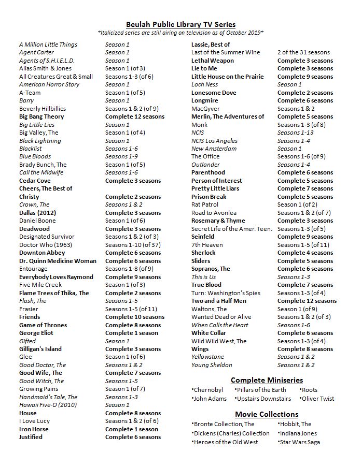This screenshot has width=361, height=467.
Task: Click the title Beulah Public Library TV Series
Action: click(180, 24)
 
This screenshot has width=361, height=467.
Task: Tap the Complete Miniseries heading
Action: click(267, 380)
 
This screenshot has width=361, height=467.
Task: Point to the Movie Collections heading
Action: click(267, 414)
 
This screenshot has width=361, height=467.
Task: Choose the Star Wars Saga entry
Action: click(299, 442)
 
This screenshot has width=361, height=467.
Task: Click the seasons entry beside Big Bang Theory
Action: click(135, 116)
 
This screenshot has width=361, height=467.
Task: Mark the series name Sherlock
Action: click(203, 253)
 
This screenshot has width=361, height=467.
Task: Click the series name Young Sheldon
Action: click(212, 365)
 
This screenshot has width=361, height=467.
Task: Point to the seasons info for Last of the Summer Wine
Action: click(303, 52)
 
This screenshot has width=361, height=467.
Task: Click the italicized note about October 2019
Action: click(180, 33)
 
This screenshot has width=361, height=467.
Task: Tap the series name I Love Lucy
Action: click(34, 421)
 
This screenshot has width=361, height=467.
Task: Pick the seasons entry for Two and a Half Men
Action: click(307, 301)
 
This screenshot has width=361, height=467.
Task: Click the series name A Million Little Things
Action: click(48, 45)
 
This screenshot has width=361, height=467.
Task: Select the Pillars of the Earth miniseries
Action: click(262, 390)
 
